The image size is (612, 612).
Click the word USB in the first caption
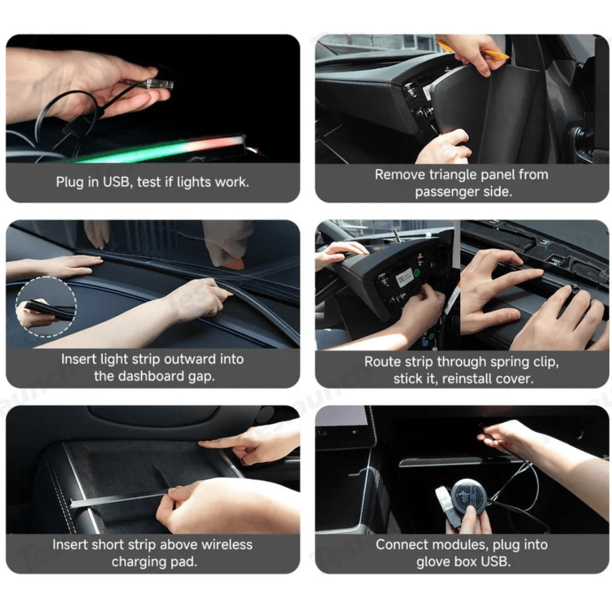(x=117, y=182)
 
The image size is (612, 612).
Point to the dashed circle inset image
(x=46, y=307)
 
